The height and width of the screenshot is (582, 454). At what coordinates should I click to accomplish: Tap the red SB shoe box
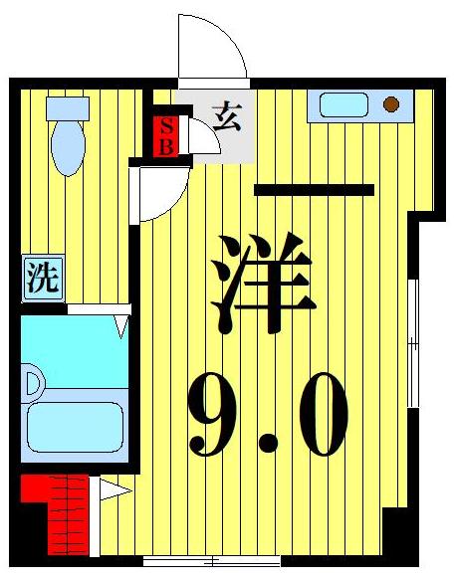(x=167, y=135)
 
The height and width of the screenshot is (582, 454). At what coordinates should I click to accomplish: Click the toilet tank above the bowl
(x=68, y=108)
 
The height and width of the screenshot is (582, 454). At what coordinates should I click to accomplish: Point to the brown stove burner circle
(x=390, y=104)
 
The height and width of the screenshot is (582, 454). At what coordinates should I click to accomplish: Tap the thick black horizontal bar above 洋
(x=314, y=190)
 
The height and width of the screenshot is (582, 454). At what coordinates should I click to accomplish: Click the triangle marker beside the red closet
(x=110, y=488)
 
